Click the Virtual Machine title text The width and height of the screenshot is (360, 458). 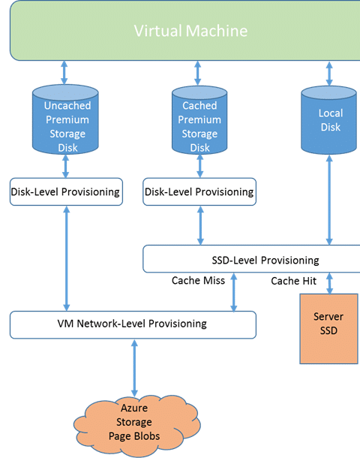pos(190,31)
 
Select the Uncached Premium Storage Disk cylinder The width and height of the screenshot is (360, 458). pos(65,119)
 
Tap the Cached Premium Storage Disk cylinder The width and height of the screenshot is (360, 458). pos(199,120)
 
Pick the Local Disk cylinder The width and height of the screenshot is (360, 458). pos(328,120)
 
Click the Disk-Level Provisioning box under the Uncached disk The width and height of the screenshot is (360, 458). pos(66,191)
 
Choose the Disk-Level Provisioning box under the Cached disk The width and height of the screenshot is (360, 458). pos(199,191)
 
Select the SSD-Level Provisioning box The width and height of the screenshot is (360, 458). pos(251,259)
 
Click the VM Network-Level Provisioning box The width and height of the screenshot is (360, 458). pos(133,325)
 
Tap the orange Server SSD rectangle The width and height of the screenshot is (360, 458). pos(328,329)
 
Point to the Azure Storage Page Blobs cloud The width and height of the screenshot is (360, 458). pos(136,426)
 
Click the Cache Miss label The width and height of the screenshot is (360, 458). pos(199,280)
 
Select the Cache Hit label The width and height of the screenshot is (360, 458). pos(293,281)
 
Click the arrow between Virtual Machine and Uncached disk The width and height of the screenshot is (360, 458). pos(64,72)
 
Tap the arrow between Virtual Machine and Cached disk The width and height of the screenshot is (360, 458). pos(198,73)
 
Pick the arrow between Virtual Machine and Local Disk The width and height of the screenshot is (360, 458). pos(329,74)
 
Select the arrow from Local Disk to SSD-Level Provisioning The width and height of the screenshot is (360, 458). pos(329,200)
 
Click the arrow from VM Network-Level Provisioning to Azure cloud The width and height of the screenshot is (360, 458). pos(134,368)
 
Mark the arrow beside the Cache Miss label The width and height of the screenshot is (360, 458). pos(234,292)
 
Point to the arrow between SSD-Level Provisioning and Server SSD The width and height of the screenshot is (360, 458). pos(329,283)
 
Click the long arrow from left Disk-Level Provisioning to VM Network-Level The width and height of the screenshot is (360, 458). pos(67,258)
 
